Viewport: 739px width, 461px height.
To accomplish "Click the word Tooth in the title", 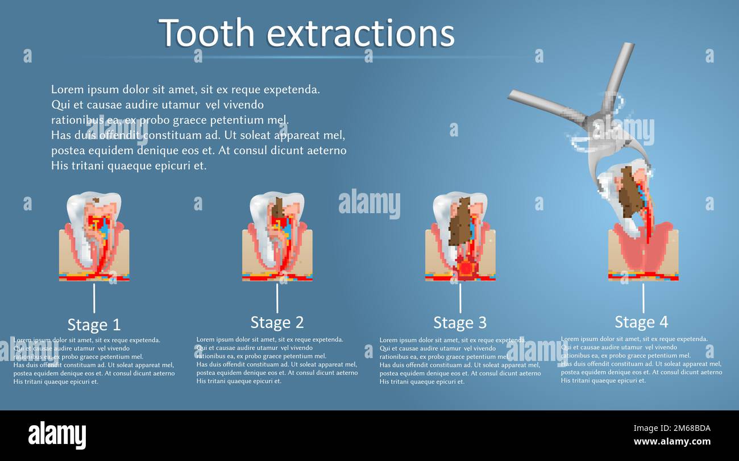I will [x=206, y=33].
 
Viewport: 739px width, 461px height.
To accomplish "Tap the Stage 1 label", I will [x=94, y=325].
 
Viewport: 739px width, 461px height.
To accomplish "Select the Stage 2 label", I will [x=277, y=322].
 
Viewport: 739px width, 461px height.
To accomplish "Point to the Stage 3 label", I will [x=460, y=322].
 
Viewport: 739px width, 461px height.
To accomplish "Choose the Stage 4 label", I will [x=641, y=322].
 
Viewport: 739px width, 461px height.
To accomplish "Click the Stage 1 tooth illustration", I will [x=94, y=236].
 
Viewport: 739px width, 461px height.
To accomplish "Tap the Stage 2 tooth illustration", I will [x=277, y=236].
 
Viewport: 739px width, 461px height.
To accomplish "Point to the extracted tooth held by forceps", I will [x=625, y=199].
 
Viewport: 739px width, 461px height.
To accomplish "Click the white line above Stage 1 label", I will [x=94, y=298].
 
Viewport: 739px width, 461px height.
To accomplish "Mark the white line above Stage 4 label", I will [x=643, y=298].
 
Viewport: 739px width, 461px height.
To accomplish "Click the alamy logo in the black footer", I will [x=57, y=435].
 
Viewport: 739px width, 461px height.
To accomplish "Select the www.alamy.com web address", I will [x=672, y=442].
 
